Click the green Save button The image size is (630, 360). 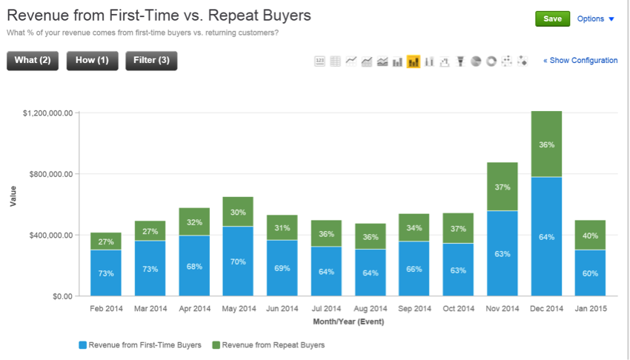tap(552, 19)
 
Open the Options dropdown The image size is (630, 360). tap(595, 19)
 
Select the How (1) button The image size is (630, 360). tap(92, 61)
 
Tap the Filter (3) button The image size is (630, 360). tap(151, 61)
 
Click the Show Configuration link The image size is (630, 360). tap(580, 61)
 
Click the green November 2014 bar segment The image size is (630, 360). tap(503, 187)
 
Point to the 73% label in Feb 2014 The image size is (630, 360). tap(106, 273)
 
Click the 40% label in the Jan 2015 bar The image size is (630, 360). tap(591, 236)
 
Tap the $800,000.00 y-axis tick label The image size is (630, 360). tap(48, 174)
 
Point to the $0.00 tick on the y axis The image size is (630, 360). tap(57, 296)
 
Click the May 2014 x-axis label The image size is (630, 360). tap(238, 309)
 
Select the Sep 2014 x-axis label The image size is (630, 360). tap(414, 309)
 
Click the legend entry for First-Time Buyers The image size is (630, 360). tap(139, 344)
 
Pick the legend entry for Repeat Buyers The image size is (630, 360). tap(268, 344)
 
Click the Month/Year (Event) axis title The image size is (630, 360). tap(348, 321)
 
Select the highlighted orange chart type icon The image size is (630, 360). tap(414, 61)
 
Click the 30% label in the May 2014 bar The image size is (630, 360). tap(238, 212)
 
